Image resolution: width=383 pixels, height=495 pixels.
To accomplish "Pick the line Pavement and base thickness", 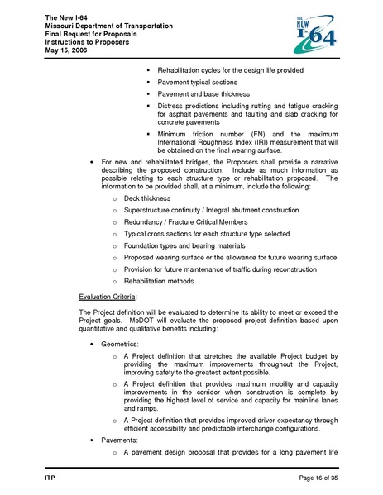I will pyautogui.click(x=203, y=95).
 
